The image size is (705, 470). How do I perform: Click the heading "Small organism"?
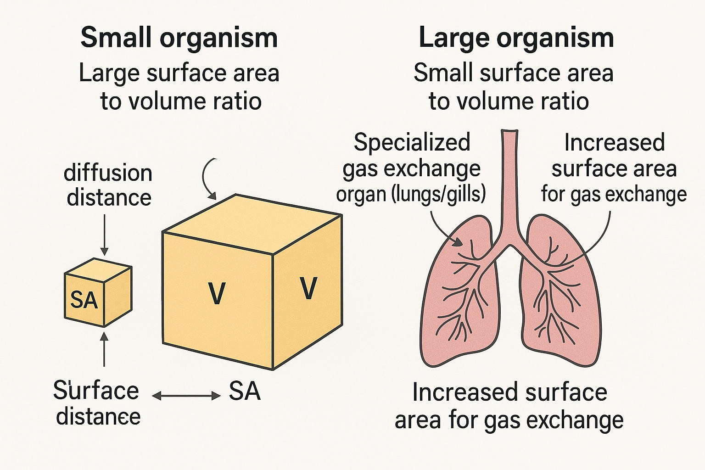[x=179, y=38]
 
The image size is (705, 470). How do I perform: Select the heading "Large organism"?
[x=516, y=38]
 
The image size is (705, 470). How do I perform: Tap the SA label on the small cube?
[x=84, y=300]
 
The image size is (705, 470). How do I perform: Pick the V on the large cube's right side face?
[x=308, y=288]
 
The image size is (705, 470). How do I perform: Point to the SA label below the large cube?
[x=245, y=392]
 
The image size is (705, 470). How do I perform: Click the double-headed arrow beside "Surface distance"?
[x=186, y=396]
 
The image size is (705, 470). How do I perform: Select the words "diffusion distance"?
[x=108, y=185]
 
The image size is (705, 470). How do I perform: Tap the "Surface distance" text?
[x=96, y=403]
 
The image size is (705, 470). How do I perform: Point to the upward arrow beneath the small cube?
[x=105, y=349]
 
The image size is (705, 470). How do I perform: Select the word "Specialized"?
[x=412, y=142]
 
